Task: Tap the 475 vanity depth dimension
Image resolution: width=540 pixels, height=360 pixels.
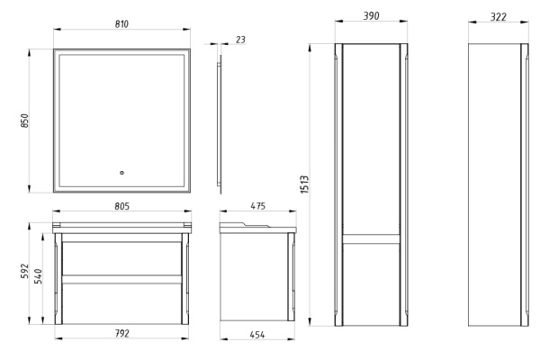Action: click(x=258, y=207)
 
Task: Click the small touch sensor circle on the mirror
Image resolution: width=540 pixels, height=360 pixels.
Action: click(x=122, y=174)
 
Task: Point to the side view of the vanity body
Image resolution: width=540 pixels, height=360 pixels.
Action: click(x=256, y=274)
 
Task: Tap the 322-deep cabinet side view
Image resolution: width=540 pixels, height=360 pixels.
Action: click(x=498, y=184)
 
